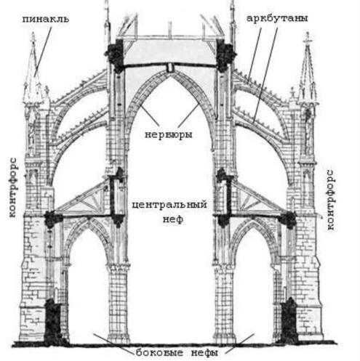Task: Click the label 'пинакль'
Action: [46, 19]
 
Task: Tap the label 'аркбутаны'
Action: [277, 18]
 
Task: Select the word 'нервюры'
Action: [168, 134]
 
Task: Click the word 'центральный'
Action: [169, 205]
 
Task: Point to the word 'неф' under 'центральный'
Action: [173, 219]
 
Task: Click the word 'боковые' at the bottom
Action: [159, 352]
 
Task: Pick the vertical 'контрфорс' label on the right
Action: [330, 200]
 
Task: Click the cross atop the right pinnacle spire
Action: [308, 38]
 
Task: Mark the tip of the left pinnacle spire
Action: [33, 34]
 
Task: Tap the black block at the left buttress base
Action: [52, 321]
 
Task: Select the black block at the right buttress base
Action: [289, 321]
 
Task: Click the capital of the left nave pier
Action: [118, 267]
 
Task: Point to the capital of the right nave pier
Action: [225, 267]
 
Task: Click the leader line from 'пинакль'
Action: [43, 52]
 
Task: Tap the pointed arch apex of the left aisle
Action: [88, 219]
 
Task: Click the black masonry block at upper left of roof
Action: [116, 54]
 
